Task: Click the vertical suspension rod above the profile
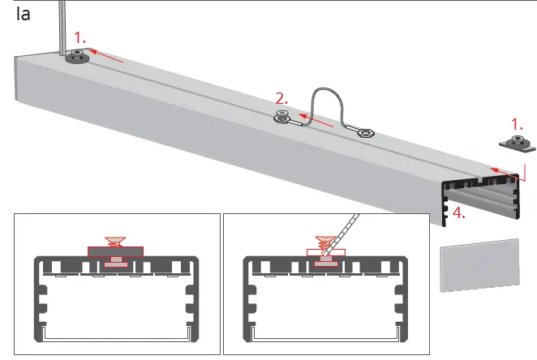(62, 24)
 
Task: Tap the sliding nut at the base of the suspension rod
(76, 57)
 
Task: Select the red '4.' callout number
(459, 214)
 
